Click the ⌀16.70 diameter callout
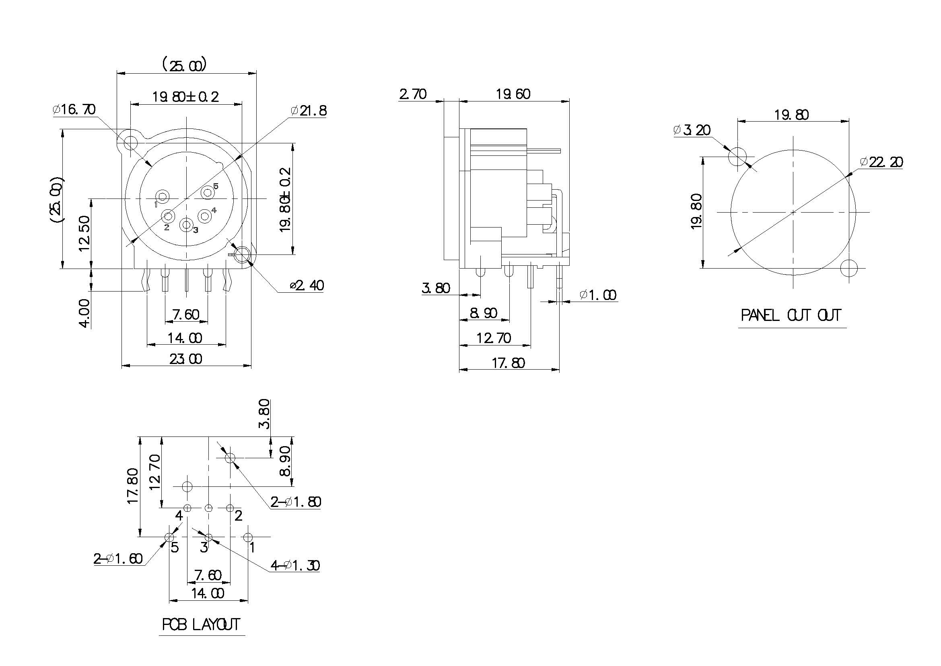pyautogui.click(x=74, y=110)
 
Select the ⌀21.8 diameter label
pyautogui.click(x=309, y=111)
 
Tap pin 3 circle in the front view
pyautogui.click(x=187, y=225)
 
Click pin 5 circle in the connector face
pyautogui.click(x=208, y=192)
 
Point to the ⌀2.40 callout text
pyautogui.click(x=307, y=285)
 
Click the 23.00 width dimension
pyautogui.click(x=185, y=359)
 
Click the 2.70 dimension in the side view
pyautogui.click(x=413, y=94)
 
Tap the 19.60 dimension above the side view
pyautogui.click(x=513, y=94)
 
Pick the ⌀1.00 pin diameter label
pyautogui.click(x=598, y=295)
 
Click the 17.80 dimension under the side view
pyautogui.click(x=508, y=363)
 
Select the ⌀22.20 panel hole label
pyautogui.click(x=881, y=162)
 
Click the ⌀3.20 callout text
pyautogui.click(x=692, y=130)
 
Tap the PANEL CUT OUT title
pyautogui.click(x=791, y=315)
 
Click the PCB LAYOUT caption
pyautogui.click(x=201, y=625)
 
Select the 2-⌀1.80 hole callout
pyautogui.click(x=296, y=502)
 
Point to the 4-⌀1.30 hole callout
pyautogui.click(x=294, y=566)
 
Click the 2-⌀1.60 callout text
pyautogui.click(x=118, y=559)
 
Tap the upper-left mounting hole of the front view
pyautogui.click(x=130, y=143)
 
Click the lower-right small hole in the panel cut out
pyautogui.click(x=849, y=269)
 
